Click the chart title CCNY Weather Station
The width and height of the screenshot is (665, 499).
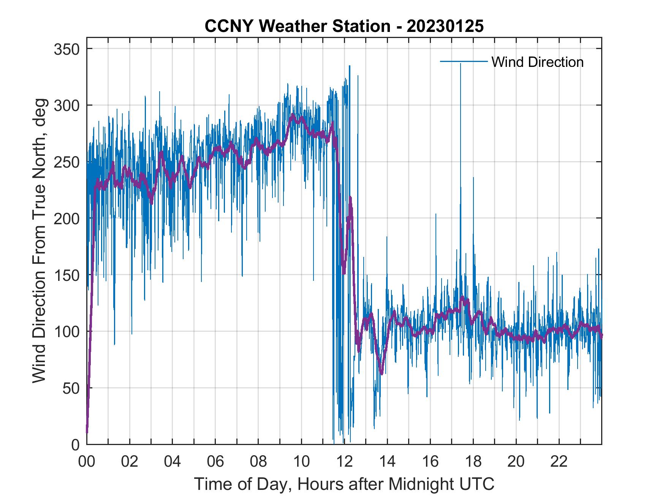[344, 26]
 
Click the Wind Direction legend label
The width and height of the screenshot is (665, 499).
[537, 62]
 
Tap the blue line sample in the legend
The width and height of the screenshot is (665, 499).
[464, 61]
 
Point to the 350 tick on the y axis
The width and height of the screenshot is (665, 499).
[67, 49]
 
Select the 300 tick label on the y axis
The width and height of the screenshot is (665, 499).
[67, 105]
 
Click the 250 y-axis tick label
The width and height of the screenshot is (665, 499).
[67, 162]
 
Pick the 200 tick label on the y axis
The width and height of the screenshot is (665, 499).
[67, 219]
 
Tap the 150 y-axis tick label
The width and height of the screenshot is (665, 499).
[67, 275]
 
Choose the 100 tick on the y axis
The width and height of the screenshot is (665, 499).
[67, 331]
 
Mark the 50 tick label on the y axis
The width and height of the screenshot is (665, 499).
[71, 388]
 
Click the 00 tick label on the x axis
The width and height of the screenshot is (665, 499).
[87, 462]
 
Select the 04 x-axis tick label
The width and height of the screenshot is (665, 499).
[173, 462]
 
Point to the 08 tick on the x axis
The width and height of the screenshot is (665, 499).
[258, 462]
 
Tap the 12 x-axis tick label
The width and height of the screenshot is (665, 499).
[344, 462]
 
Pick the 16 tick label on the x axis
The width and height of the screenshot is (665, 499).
[430, 462]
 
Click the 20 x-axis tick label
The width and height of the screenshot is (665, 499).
[516, 462]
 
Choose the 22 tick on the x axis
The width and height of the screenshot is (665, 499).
[559, 462]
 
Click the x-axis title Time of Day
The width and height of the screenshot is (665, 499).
[344, 484]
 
